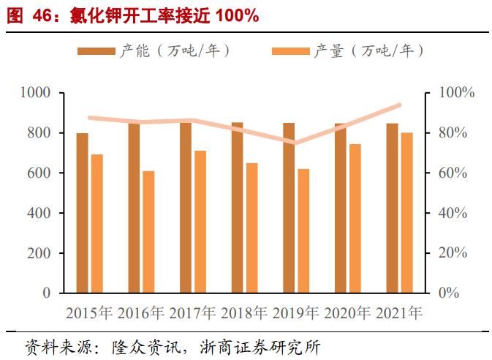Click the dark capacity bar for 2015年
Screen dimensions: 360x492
click(83, 213)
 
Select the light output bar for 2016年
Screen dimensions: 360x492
click(148, 232)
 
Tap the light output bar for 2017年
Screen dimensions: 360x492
click(200, 222)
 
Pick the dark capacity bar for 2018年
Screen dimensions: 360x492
click(238, 208)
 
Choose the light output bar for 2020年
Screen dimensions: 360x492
click(355, 219)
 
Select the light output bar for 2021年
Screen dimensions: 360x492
click(407, 213)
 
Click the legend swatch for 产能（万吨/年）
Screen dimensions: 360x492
click(96, 51)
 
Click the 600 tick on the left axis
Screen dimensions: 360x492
click(40, 173)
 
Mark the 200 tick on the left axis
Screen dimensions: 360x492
click(40, 253)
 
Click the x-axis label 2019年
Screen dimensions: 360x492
click(296, 313)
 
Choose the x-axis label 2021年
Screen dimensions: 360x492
click(399, 313)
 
